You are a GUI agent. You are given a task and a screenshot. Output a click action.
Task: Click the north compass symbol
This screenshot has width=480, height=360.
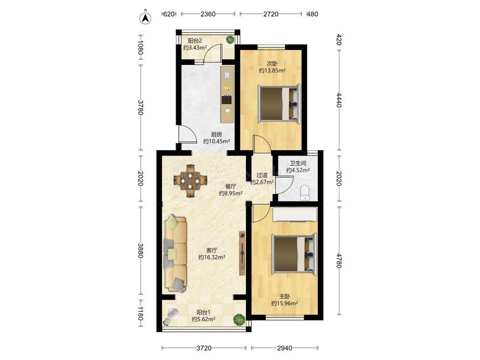(x=146, y=18)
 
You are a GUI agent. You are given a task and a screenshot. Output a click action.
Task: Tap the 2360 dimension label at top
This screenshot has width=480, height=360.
(x=208, y=14)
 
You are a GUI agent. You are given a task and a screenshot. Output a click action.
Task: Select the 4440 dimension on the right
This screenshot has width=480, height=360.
(x=339, y=100)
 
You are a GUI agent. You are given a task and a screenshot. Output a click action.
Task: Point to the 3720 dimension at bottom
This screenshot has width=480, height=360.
(x=204, y=348)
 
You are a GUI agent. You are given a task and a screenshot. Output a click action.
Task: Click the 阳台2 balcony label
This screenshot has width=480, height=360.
(x=195, y=40)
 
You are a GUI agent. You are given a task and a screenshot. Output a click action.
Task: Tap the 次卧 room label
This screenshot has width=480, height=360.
(x=272, y=64)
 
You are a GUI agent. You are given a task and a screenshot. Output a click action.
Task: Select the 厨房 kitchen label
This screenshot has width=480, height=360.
(x=216, y=135)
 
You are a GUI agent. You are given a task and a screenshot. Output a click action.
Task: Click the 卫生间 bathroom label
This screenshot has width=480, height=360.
(x=298, y=163)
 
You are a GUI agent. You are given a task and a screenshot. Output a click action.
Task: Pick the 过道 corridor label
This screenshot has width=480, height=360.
(x=262, y=176)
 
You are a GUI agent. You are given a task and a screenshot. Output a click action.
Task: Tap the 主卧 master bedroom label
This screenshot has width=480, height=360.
(x=285, y=297)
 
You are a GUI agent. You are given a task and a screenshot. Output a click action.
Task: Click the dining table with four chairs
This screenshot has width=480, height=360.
(x=190, y=181)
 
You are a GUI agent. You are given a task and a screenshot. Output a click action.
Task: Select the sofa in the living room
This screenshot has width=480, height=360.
(x=176, y=254)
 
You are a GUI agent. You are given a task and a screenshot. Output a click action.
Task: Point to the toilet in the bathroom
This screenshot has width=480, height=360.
(x=305, y=193)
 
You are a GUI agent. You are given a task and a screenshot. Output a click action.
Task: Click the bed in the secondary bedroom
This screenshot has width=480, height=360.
(x=279, y=104)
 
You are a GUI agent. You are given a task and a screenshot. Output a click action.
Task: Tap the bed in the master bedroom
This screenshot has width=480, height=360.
(x=294, y=254)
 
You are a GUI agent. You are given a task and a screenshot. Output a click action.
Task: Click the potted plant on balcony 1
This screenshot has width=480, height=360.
(x=239, y=319)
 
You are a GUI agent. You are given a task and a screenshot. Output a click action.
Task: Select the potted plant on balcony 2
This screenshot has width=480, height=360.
(x=230, y=39)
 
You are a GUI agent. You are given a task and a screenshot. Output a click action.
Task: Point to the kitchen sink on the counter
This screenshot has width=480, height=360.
(x=227, y=75)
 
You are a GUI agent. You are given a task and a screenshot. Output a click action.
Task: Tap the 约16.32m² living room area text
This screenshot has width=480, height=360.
(x=212, y=258)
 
